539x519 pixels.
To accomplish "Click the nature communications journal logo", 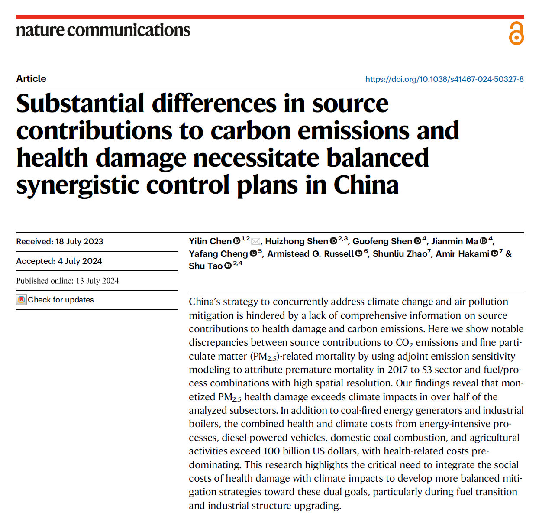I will coord(103,30).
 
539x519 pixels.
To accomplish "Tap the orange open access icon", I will coord(516,33).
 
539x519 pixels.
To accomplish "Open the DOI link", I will coord(444,79).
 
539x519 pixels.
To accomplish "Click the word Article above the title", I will coord(31,78).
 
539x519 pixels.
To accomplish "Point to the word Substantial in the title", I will coord(80,104).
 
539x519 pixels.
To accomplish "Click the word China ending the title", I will coord(366,185).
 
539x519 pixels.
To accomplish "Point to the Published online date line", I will coord(68,281).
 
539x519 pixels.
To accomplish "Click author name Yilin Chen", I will coord(210,241).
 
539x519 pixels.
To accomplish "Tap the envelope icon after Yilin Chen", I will coord(255,241).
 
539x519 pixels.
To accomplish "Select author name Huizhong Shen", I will coord(297,241).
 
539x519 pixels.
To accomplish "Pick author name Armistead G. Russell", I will coord(310,254).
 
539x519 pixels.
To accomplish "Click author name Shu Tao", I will coord(205,266).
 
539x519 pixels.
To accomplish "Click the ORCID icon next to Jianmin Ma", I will coord(483,241).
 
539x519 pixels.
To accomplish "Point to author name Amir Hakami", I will coord(462,254).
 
